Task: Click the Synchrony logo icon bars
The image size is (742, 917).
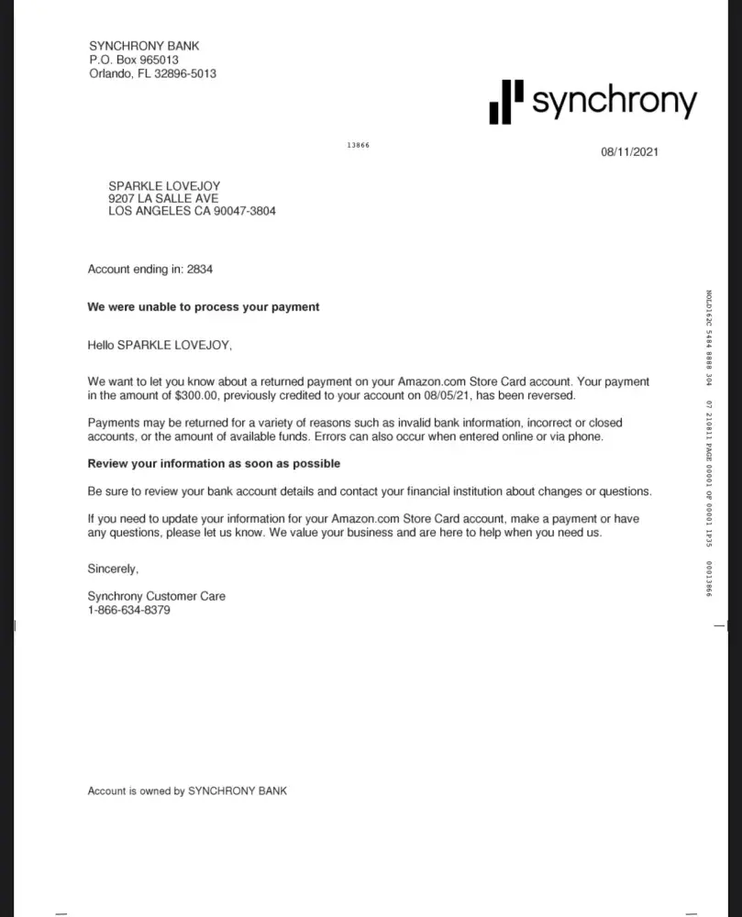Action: pyautogui.click(x=506, y=101)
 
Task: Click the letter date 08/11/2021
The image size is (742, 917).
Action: pyautogui.click(x=629, y=152)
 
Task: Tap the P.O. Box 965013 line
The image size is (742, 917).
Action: pyautogui.click(x=133, y=60)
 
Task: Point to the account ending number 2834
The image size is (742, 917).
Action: pyautogui.click(x=200, y=270)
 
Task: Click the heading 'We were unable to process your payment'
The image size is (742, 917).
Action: pyautogui.click(x=203, y=307)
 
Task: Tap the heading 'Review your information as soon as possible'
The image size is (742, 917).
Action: pyautogui.click(x=214, y=464)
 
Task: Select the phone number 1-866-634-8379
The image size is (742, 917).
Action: pyautogui.click(x=128, y=610)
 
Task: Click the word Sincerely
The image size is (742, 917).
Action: pyautogui.click(x=113, y=569)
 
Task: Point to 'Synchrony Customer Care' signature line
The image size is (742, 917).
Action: pyautogui.click(x=156, y=596)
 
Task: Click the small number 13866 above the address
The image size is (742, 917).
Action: pyautogui.click(x=358, y=145)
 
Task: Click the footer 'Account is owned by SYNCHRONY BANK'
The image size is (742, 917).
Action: pyautogui.click(x=187, y=790)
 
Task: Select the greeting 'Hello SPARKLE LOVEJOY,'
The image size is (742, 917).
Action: pyautogui.click(x=154, y=346)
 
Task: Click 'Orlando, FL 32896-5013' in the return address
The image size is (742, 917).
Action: pyautogui.click(x=152, y=73)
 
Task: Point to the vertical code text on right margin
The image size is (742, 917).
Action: pyautogui.click(x=709, y=440)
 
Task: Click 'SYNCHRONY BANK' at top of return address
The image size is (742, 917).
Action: pyautogui.click(x=144, y=46)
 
